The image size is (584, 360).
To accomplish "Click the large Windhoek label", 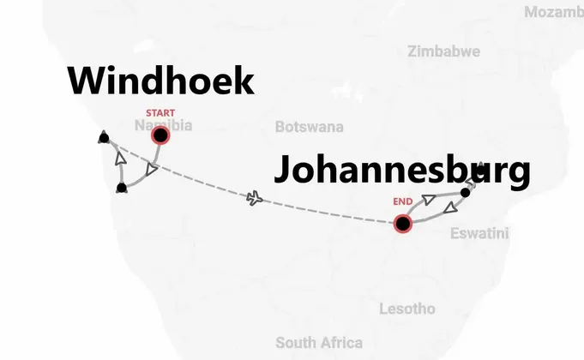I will point(161,82).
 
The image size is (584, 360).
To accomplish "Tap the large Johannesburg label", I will point(401,171).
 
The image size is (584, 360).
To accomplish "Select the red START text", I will point(160,113).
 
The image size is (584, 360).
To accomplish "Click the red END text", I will point(403,202).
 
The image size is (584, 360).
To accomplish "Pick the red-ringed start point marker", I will point(160,135).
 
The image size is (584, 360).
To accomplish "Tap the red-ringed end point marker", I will point(402,224).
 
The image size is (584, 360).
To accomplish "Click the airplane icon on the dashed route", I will point(255,199).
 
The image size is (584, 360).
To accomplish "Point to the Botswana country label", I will point(309,127).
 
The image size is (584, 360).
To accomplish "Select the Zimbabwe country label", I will point(443,51).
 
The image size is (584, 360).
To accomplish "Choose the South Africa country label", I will point(319,342).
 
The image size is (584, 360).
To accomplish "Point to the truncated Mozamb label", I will point(553,12).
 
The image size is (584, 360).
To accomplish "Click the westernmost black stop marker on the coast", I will point(104,137).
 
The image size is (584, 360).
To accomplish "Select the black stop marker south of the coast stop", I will point(122,188).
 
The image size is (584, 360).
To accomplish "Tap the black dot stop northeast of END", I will point(465,192).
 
